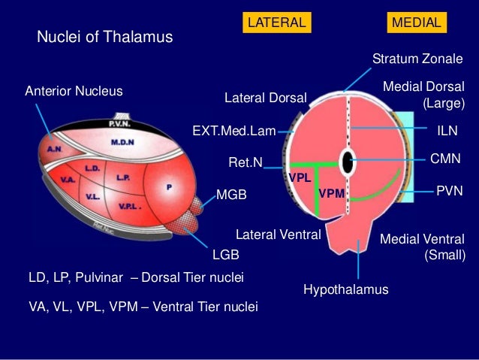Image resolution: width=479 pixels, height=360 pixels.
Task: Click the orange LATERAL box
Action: click(x=276, y=23)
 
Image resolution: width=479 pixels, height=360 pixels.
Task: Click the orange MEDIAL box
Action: click(x=416, y=23)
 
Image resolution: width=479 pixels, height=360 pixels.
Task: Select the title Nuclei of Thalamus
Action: click(x=105, y=36)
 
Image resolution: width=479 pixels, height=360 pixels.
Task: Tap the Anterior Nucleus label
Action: click(x=74, y=91)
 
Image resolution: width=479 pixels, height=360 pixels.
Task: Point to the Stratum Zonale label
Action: click(x=418, y=59)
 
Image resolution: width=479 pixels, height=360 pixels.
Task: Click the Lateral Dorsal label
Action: click(x=266, y=98)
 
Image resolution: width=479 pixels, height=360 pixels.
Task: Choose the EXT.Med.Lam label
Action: click(x=234, y=130)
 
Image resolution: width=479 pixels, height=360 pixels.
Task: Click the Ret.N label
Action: click(x=245, y=162)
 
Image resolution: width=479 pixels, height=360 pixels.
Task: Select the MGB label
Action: click(x=231, y=195)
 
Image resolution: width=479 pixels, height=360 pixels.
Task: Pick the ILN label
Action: click(x=447, y=130)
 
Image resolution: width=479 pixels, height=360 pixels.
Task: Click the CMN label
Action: click(x=444, y=159)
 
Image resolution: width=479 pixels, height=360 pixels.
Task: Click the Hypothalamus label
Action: click(x=346, y=289)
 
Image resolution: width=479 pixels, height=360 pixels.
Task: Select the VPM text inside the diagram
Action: click(x=332, y=193)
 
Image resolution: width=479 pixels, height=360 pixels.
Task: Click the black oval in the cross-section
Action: click(x=347, y=161)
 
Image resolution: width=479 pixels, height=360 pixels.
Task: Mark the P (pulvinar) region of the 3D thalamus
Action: click(x=168, y=187)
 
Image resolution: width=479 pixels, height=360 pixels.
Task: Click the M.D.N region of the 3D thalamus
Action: click(x=122, y=141)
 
